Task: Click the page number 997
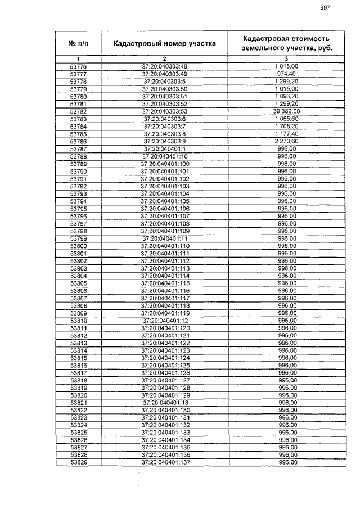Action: tap(325, 7)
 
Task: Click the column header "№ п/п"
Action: tap(78, 43)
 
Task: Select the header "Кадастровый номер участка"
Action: tap(164, 43)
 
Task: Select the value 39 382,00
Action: tap(287, 111)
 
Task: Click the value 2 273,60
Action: tap(287, 141)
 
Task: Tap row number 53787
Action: tap(78, 148)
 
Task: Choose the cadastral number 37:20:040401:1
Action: tap(165, 148)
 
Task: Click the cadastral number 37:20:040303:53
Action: tap(165, 111)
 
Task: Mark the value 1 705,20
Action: tap(287, 127)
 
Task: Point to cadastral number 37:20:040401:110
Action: tap(165, 246)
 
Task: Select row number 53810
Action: tap(78, 320)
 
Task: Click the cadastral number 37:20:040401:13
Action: tap(165, 403)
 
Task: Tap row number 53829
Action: tap(78, 462)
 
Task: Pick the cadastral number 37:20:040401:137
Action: tap(165, 462)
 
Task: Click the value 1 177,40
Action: tap(287, 134)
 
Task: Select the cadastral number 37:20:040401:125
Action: tap(165, 365)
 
